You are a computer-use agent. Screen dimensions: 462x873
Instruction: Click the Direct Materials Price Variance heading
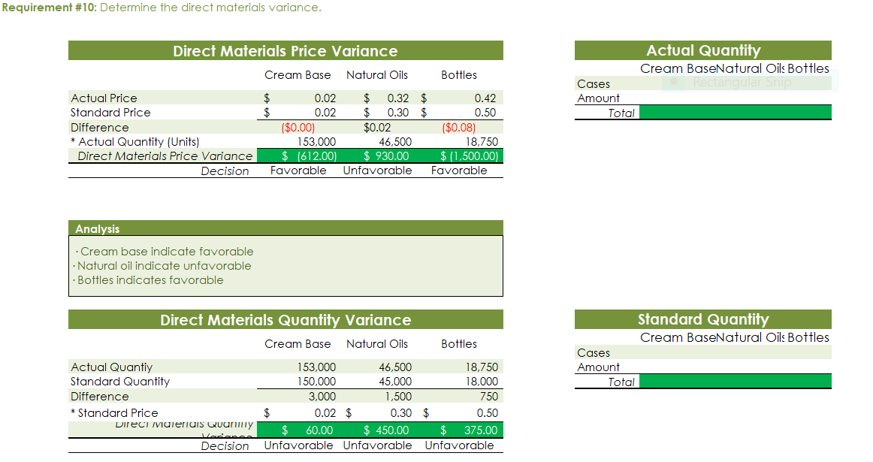click(x=285, y=51)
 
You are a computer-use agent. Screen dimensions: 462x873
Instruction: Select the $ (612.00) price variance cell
click(x=309, y=156)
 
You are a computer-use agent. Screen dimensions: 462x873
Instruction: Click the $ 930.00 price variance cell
click(x=386, y=156)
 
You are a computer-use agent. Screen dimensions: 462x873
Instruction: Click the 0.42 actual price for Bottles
click(x=485, y=98)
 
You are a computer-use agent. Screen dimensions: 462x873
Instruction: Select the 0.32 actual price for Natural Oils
click(x=397, y=98)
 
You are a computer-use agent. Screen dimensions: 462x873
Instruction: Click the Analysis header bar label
click(x=97, y=229)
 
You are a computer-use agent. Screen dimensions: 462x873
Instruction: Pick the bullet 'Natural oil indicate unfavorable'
click(x=164, y=266)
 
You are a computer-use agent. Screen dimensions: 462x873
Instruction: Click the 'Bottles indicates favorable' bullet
click(x=150, y=280)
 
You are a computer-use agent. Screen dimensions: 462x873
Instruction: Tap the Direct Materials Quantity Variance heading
click(x=285, y=320)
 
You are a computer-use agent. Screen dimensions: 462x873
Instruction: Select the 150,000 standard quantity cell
click(x=317, y=382)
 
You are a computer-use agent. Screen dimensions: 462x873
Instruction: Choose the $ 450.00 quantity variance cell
click(x=386, y=430)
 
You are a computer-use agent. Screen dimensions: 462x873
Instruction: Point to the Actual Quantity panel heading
click(x=703, y=50)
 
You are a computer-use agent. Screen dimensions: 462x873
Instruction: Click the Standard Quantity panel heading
click(x=703, y=319)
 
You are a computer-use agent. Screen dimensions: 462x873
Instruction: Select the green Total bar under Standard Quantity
click(x=735, y=382)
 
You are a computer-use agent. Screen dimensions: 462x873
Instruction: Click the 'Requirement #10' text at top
click(x=48, y=8)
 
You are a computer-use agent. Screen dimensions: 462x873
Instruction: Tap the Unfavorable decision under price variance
click(x=377, y=171)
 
